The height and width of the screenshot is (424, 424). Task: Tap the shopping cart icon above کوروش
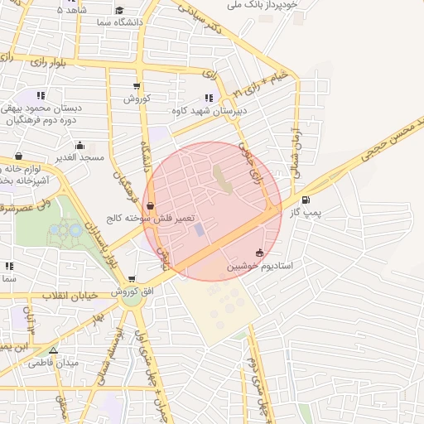[137, 86]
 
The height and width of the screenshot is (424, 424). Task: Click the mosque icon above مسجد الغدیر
[18, 156]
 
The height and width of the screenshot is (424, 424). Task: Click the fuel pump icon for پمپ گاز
[306, 200]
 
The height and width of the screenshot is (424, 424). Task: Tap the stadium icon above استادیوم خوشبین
[259, 253]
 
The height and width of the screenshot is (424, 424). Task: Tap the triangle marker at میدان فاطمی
[54, 350]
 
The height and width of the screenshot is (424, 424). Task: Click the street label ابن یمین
[15, 345]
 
